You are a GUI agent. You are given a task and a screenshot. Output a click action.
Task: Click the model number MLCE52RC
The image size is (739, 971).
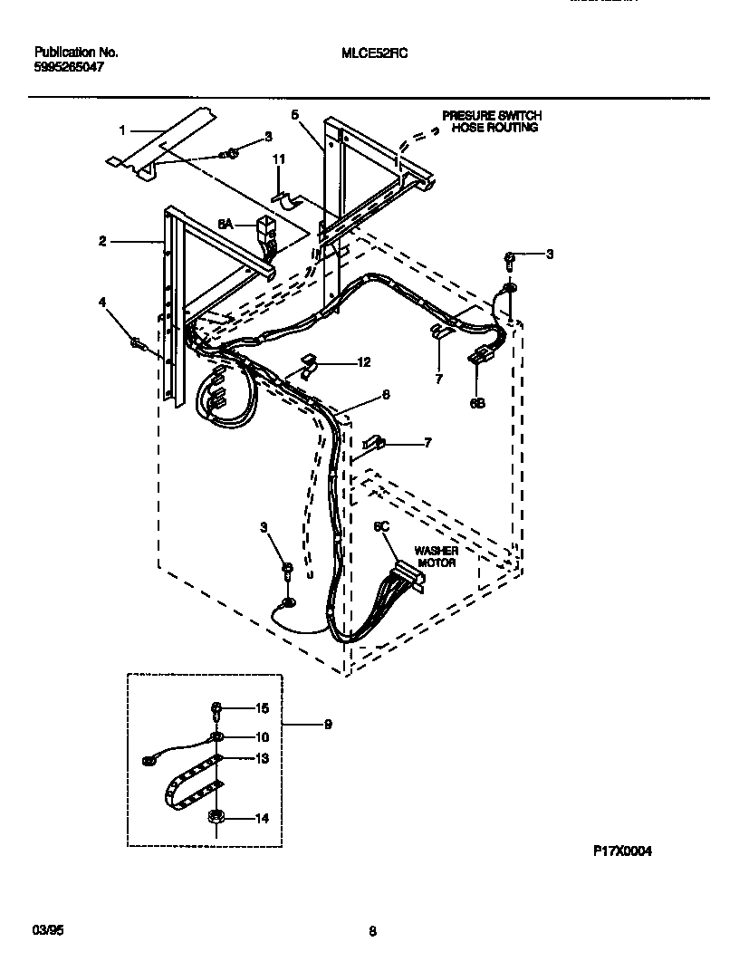[375, 53]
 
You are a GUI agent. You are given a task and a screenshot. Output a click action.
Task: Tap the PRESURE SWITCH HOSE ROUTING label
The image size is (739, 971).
[491, 122]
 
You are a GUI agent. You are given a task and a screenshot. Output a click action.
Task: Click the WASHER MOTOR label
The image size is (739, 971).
[436, 556]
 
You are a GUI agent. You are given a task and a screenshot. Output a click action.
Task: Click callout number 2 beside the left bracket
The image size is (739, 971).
[103, 241]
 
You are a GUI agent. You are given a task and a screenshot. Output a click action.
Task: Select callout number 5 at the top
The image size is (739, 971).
[295, 114]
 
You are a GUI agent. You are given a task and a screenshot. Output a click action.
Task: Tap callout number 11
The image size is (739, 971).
[280, 159]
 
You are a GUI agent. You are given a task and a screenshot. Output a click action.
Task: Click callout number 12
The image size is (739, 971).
[364, 362]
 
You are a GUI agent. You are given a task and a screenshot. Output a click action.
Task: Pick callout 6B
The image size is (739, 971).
[477, 404]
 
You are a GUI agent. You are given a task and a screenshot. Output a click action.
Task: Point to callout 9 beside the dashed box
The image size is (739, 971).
[328, 724]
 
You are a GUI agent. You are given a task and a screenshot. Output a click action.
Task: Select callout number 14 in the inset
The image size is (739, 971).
[262, 819]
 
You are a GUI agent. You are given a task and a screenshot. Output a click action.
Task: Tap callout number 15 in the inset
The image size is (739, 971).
[262, 707]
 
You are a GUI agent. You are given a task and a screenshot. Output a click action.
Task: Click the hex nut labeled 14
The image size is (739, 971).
[216, 816]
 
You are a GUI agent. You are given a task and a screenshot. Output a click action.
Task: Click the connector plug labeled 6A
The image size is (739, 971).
[267, 226]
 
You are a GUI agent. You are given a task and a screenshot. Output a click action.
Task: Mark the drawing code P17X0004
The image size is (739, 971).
[622, 851]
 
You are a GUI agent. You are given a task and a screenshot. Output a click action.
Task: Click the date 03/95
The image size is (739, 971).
[44, 929]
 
